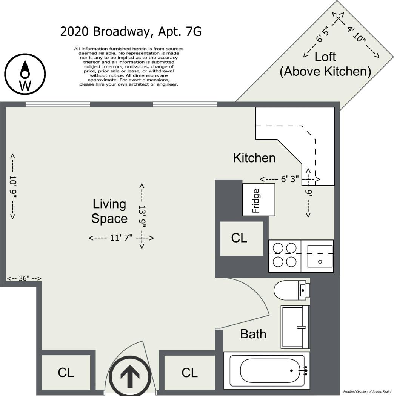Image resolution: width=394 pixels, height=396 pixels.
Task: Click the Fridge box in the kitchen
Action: [259, 200]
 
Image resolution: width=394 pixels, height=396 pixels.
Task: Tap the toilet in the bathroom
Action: [292, 290]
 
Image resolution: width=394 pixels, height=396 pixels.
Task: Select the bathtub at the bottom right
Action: [266, 370]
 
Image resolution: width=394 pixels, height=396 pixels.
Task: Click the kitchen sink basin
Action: [320, 256]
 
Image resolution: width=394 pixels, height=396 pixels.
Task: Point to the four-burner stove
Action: [285, 256]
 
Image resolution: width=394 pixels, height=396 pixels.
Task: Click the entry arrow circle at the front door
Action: [130, 376]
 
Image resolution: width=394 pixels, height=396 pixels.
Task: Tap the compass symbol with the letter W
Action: [25, 74]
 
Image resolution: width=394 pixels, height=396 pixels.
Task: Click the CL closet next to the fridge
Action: [242, 238]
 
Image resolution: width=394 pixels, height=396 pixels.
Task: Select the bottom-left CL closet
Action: [66, 373]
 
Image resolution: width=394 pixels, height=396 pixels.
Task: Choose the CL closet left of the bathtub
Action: [189, 373]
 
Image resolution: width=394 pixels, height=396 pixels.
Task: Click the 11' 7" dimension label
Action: [121, 238]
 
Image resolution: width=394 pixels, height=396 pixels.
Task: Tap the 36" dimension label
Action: [24, 278]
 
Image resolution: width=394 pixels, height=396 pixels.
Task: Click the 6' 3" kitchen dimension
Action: [290, 179]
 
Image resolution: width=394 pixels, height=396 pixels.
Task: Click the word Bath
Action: [253, 334]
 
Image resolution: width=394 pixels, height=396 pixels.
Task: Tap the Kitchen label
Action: [254, 158]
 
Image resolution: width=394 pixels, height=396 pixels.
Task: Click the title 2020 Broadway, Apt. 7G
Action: [131, 32]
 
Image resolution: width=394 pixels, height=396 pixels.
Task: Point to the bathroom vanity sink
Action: [295, 327]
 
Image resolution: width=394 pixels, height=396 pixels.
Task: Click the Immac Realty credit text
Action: [367, 391]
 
